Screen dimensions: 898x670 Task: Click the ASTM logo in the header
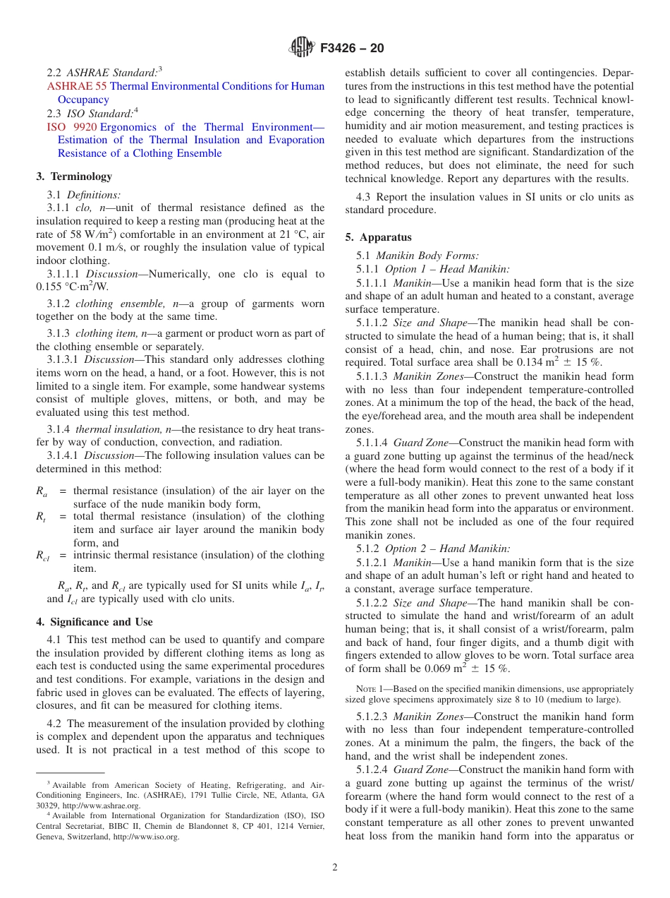pyautogui.click(x=302, y=48)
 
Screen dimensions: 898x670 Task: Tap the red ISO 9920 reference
pyautogui.click(x=71, y=127)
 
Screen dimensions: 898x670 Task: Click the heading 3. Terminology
pyautogui.click(x=73, y=176)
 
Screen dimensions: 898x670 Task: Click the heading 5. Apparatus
pyautogui.click(x=378, y=237)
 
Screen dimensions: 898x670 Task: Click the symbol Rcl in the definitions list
pyautogui.click(x=42, y=556)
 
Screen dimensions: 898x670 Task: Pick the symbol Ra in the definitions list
pyautogui.click(x=42, y=491)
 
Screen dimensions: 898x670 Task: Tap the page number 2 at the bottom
pyautogui.click(x=334, y=868)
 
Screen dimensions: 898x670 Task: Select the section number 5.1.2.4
pyautogui.click(x=372, y=770)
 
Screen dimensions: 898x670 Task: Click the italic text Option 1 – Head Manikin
pyautogui.click(x=447, y=269)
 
